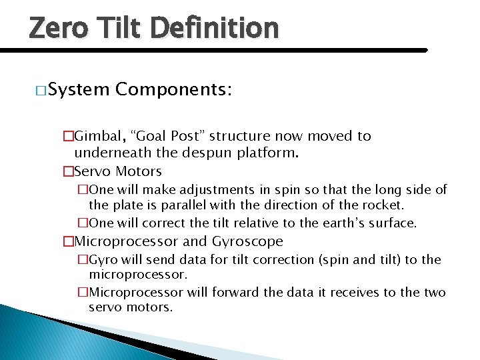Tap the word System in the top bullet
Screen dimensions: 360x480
pyautogui.click(x=79, y=89)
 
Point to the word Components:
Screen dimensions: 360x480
pyautogui.click(x=173, y=89)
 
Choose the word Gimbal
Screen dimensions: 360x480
pyautogui.click(x=97, y=137)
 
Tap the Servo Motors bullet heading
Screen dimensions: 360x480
pyautogui.click(x=117, y=171)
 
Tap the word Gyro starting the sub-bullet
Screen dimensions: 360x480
pyautogui.click(x=103, y=259)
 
